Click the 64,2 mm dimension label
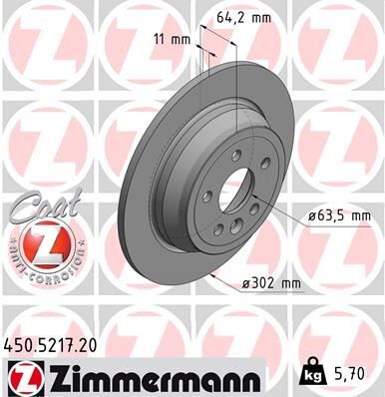(245, 17)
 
